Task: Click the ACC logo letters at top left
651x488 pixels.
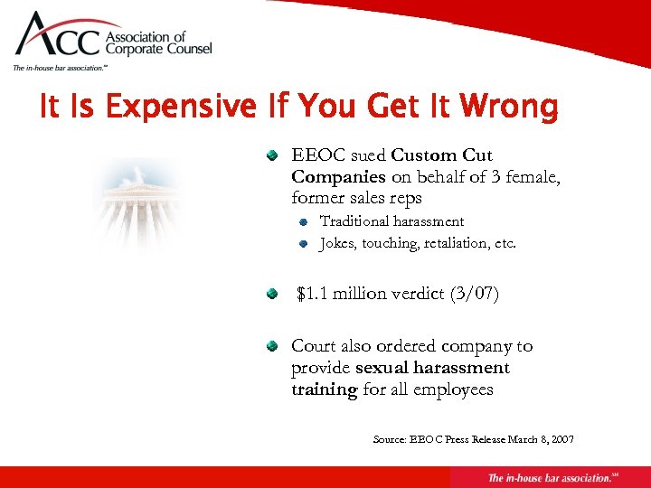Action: (60, 39)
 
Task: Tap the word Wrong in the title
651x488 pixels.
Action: (509, 108)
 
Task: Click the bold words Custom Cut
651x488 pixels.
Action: (442, 155)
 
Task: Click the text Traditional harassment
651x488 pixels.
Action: (392, 221)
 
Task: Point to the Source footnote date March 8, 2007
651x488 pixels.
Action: (539, 440)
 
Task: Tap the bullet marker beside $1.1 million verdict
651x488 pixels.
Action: (271, 295)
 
